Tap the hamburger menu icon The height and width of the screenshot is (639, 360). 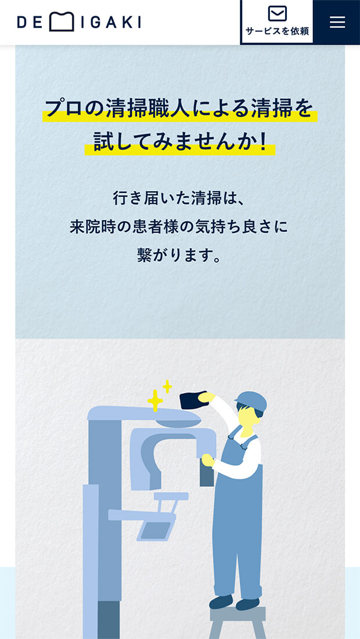337,22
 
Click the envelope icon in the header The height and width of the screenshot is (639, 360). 278,13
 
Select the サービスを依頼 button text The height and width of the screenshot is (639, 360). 278,31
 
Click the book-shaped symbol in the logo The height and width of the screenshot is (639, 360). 62,22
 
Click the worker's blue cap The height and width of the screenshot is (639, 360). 251,401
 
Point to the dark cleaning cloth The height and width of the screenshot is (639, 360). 194,400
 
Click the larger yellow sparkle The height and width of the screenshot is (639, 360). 155,400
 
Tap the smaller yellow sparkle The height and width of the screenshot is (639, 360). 167,386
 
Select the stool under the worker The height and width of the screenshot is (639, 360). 237,622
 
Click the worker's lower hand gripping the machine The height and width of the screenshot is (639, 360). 208,460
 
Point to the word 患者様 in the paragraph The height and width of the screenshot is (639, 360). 154,227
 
